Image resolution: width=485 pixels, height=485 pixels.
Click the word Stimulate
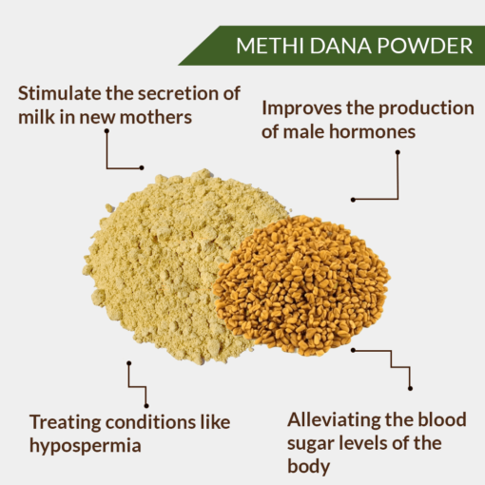tap(59, 93)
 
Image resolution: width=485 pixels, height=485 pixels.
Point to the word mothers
tap(156, 117)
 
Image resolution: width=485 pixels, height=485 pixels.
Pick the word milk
tap(36, 117)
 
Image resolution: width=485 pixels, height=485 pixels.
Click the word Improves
tap(301, 108)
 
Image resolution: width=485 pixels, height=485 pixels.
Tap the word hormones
tap(372, 131)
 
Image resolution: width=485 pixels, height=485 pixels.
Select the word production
tap(426, 108)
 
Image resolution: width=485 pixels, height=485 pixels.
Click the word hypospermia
tap(85, 447)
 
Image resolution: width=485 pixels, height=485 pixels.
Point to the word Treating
tap(65, 423)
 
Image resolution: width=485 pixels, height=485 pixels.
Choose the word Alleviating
tap(334, 420)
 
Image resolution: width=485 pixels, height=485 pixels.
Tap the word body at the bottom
tap(308, 466)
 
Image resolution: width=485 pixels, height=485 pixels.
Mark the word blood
tap(442, 419)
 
